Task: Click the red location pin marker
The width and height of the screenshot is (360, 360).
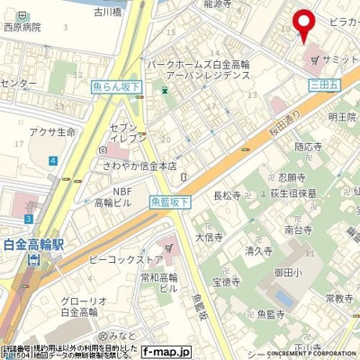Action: tap(303, 25)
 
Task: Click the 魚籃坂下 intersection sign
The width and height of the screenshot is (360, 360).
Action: tap(170, 203)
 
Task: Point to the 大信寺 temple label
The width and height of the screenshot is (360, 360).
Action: tap(209, 237)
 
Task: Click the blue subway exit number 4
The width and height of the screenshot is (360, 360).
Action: tap(53, 159)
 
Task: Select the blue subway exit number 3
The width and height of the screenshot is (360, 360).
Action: tap(30, 218)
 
